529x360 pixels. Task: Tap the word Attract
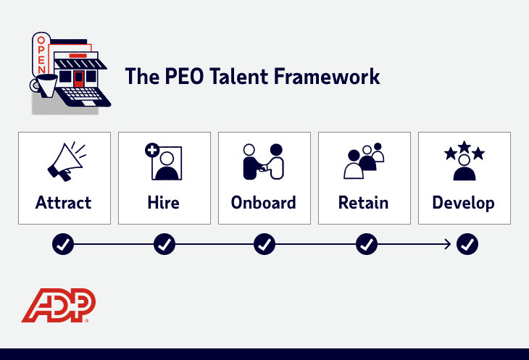64,202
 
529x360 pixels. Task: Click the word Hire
164,202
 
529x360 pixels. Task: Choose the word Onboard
264,202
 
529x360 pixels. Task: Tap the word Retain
365,202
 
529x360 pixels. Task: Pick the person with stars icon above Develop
464,160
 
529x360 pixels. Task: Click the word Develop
465,202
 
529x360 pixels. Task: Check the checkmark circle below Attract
64,245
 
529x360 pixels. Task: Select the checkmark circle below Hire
164,245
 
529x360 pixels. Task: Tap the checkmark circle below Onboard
264,245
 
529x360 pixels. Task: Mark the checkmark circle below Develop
467,245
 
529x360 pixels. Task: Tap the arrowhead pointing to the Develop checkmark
449,245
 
